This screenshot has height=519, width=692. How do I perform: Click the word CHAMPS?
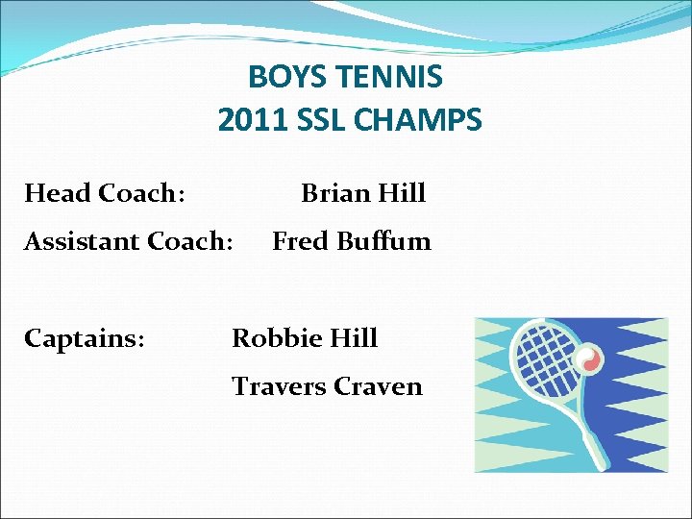(x=420, y=121)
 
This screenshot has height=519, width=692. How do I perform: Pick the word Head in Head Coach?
(x=57, y=193)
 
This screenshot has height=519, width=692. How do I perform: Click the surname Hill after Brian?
(x=402, y=193)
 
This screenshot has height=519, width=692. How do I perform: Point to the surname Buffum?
(x=383, y=241)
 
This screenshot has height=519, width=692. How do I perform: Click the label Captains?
(x=85, y=338)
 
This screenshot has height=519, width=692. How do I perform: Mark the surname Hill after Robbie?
(x=353, y=338)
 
